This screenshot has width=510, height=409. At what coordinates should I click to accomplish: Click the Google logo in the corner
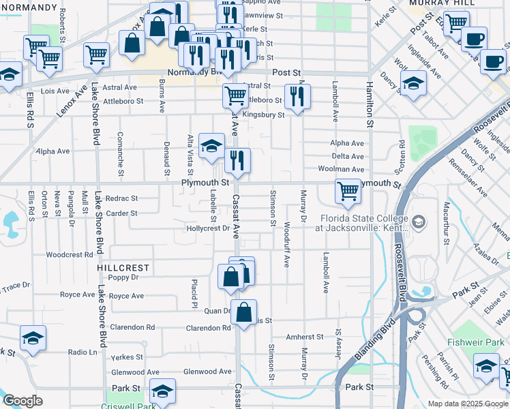[22, 401]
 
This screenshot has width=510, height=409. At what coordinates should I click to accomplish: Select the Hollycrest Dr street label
[207, 228]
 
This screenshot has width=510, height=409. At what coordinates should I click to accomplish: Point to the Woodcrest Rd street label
[69, 255]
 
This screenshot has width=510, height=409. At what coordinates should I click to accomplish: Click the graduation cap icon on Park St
[162, 391]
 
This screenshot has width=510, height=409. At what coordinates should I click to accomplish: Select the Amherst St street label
[304, 337]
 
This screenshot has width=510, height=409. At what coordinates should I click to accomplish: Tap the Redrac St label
[123, 198]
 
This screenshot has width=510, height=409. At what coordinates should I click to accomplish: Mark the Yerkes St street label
[127, 357]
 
